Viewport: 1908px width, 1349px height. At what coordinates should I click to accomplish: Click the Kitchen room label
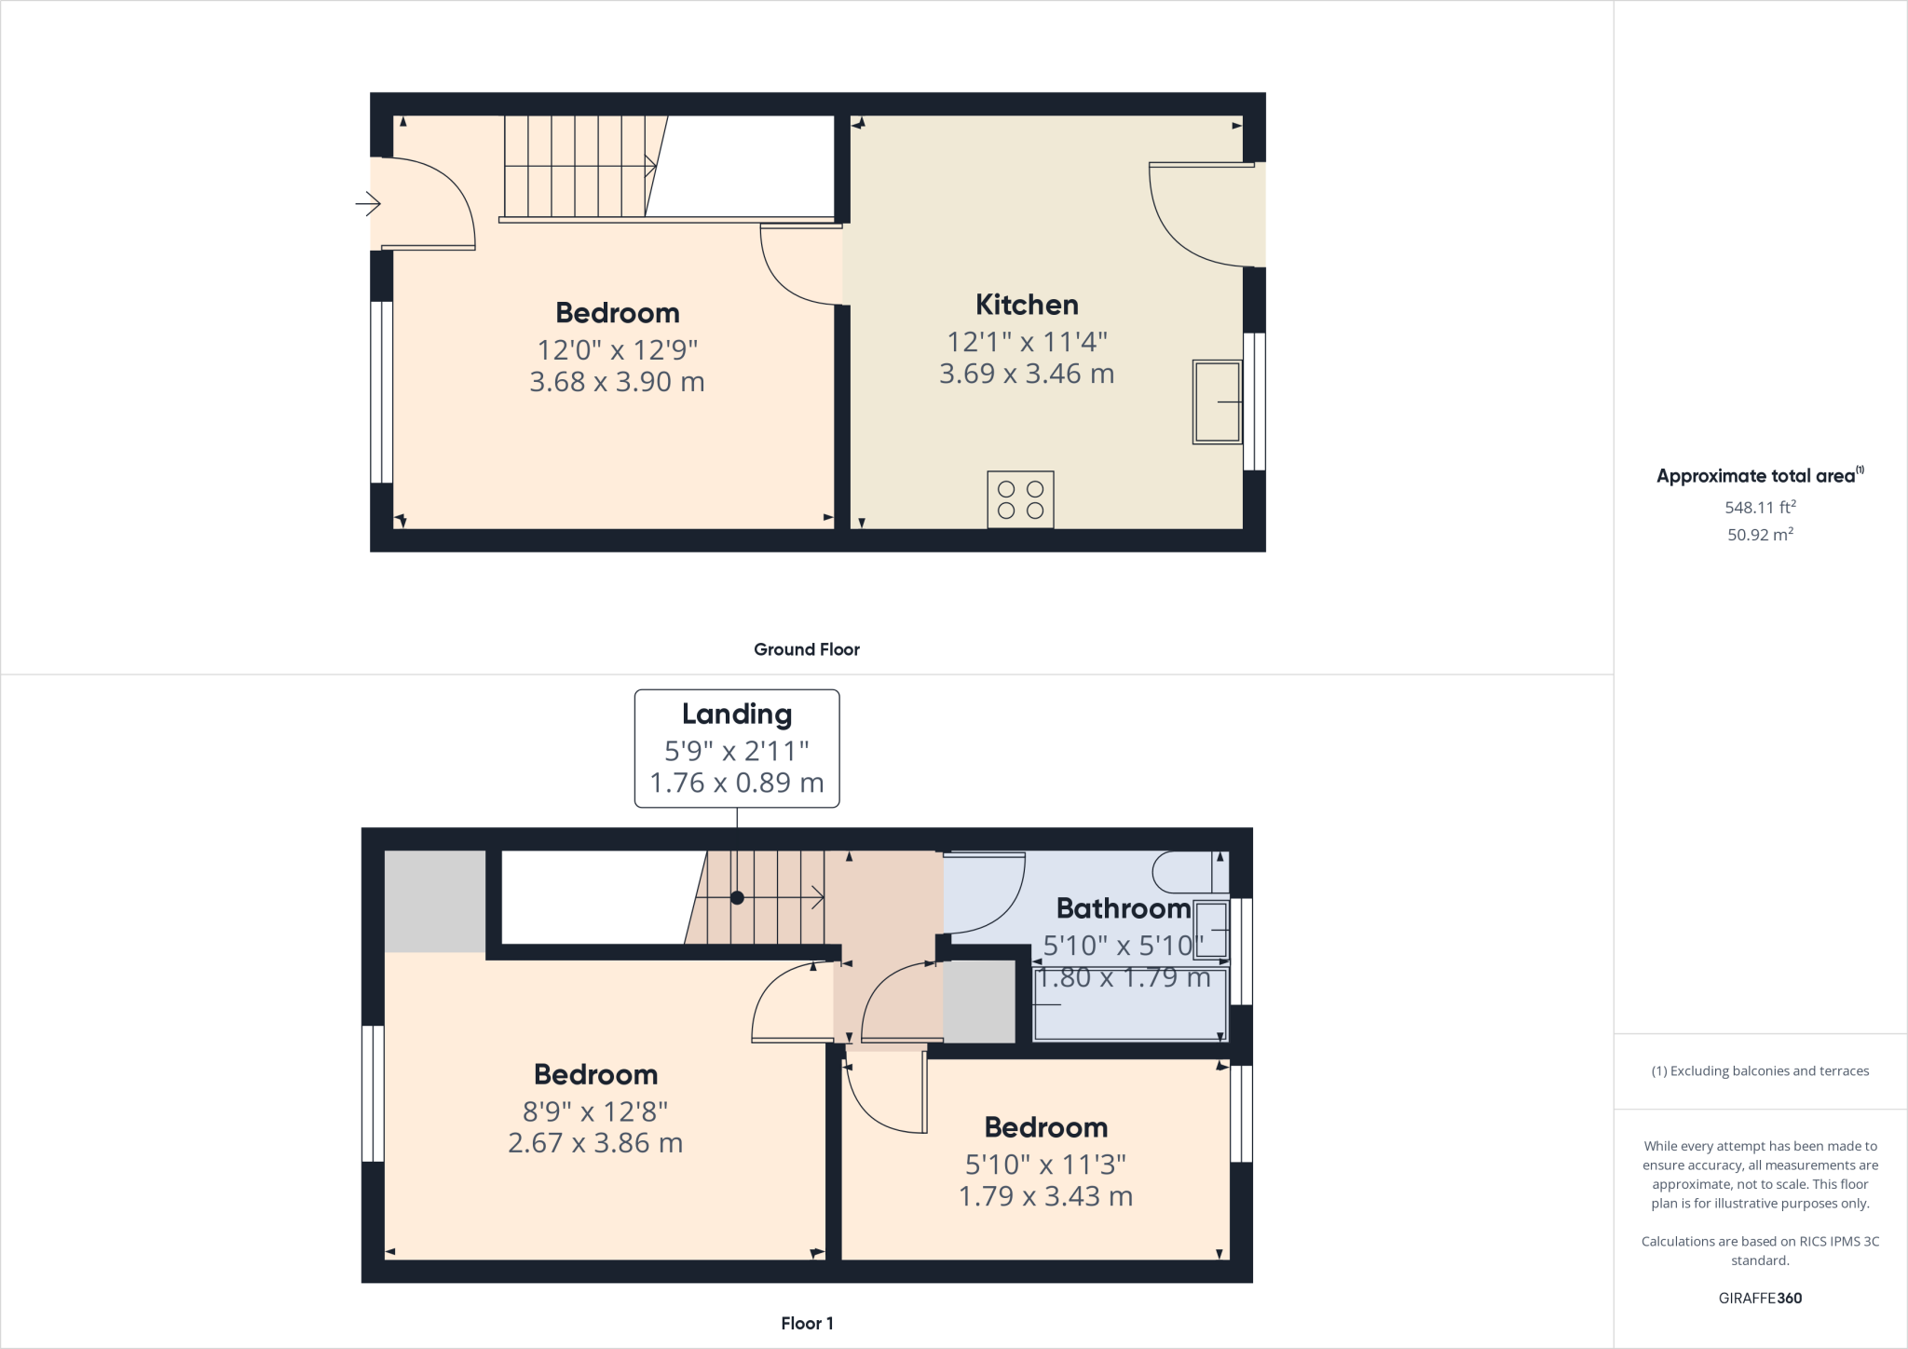1027,305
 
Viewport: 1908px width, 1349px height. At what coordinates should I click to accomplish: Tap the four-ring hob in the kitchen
1020,499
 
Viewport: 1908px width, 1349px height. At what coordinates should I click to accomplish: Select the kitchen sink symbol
1217,402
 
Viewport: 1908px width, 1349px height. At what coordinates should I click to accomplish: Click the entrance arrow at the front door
368,202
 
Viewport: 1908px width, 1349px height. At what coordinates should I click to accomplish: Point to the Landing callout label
737,715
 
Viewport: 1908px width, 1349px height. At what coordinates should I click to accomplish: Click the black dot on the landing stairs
737,898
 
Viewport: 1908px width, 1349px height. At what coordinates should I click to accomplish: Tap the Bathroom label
1123,908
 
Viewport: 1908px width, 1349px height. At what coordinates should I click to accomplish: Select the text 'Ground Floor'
807,649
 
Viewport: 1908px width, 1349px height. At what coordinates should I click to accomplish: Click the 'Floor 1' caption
807,1323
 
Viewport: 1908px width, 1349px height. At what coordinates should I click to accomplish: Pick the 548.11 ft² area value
1760,508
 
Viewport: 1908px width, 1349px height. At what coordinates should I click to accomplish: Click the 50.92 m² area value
1760,535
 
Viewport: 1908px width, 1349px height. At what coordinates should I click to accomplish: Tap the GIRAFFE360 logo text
1760,1298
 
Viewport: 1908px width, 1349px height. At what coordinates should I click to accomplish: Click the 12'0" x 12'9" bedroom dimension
617,349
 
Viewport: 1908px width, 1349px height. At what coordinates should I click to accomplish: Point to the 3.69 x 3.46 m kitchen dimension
1027,374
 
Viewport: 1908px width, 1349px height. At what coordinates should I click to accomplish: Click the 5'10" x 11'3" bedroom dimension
1045,1165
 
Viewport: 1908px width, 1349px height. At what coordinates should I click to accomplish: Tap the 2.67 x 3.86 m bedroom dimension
595,1143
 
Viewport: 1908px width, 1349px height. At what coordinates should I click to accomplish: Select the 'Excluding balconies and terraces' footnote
1760,1071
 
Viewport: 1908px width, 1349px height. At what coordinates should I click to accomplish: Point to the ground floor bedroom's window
381,391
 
